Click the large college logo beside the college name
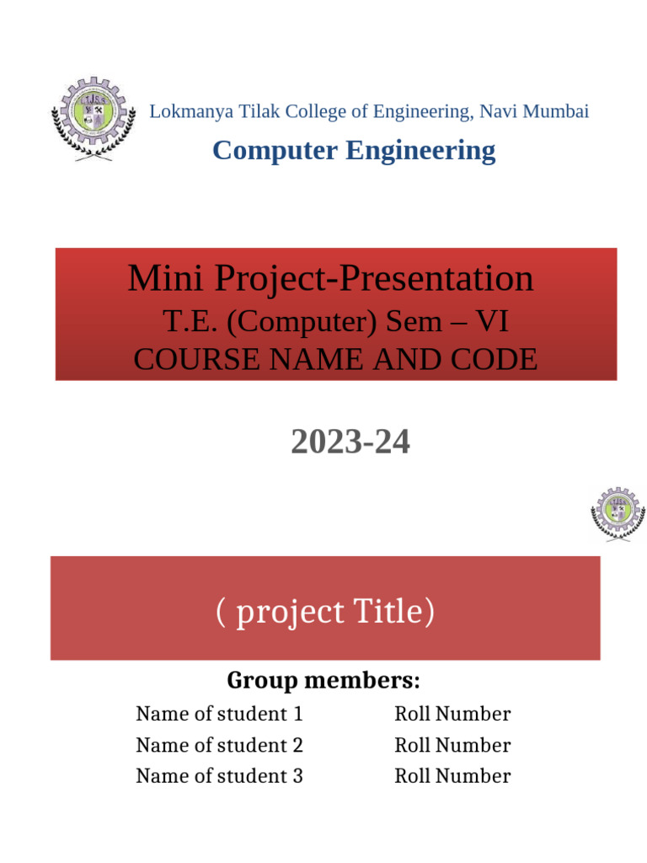(93, 119)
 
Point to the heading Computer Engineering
(354, 151)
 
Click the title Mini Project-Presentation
(330, 279)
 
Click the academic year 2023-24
(350, 442)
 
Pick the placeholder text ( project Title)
(325, 612)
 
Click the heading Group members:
(323, 679)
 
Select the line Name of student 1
(219, 715)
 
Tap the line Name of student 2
(219, 746)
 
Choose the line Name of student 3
(219, 776)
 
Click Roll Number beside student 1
(452, 715)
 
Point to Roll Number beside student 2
(452, 746)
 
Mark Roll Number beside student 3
(452, 776)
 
